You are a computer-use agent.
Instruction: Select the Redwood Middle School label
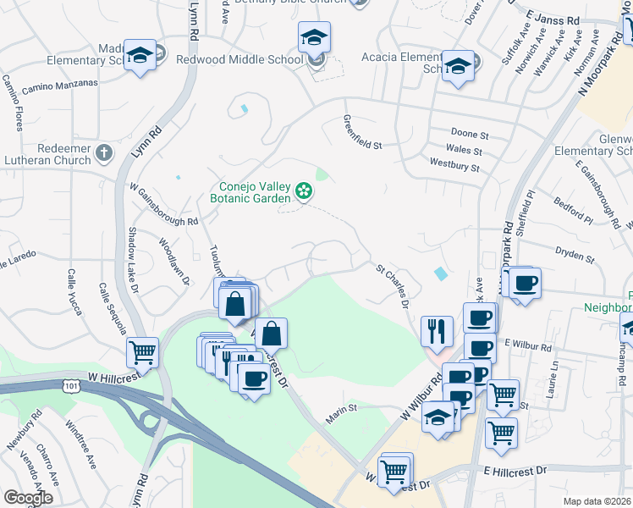click(239, 60)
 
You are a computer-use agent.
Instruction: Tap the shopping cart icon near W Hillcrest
click(142, 351)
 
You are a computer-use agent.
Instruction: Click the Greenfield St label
click(361, 133)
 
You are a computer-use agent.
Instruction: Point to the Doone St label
click(471, 135)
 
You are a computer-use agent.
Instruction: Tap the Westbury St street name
click(454, 165)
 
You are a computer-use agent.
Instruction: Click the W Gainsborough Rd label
click(162, 204)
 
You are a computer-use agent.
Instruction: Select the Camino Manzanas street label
click(60, 85)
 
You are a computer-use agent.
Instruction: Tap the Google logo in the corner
click(28, 498)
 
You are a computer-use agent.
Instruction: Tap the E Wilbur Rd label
click(527, 346)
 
